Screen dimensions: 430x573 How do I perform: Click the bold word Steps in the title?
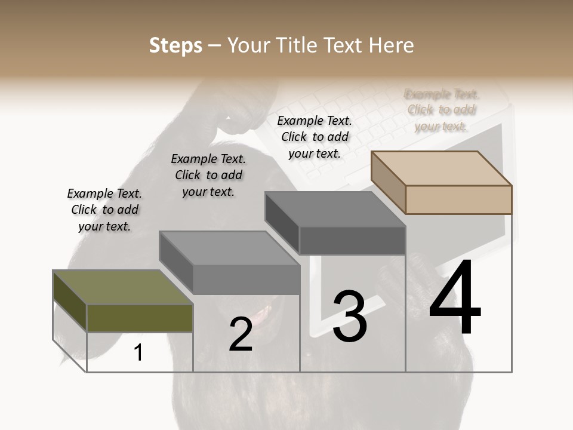[x=175, y=45]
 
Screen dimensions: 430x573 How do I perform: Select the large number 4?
[x=455, y=298]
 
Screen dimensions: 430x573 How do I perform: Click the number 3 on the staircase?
[x=349, y=317]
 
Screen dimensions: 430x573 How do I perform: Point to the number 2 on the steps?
[x=241, y=334]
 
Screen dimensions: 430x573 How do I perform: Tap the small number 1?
[x=138, y=352]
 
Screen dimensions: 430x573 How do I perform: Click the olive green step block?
[x=140, y=318]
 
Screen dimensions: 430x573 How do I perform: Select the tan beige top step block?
[x=458, y=199]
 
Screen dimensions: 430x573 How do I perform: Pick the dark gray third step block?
[x=352, y=241]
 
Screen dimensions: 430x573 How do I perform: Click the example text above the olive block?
[x=104, y=210]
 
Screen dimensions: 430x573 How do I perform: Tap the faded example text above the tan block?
[x=442, y=110]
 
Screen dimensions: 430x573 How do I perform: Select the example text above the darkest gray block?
[x=315, y=137]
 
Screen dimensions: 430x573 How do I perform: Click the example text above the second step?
[x=208, y=175]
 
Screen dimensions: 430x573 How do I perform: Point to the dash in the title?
[x=215, y=45]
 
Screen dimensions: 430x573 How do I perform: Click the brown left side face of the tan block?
[x=389, y=182]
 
